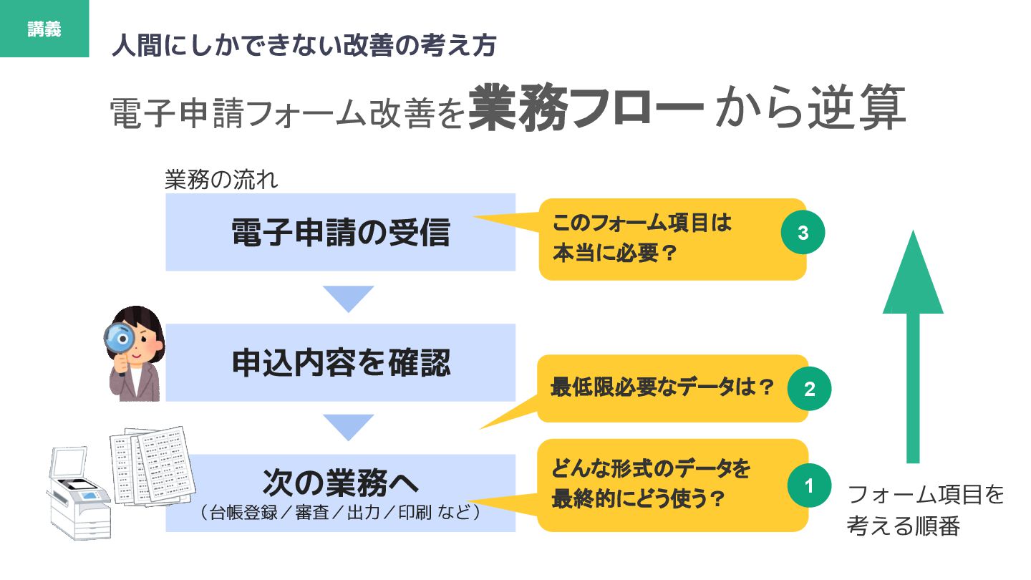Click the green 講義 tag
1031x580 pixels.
44,29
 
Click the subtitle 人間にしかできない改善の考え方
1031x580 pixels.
304,47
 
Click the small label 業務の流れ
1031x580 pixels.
221,180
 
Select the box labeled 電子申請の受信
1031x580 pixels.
340,233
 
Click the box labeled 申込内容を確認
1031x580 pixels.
340,362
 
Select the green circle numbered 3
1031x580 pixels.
803,233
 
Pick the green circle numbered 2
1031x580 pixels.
809,389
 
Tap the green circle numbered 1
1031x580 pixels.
809,485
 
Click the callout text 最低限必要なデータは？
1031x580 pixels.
662,388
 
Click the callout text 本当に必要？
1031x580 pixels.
615,255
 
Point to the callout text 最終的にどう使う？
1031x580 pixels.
637,499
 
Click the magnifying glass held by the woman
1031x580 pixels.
119,336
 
